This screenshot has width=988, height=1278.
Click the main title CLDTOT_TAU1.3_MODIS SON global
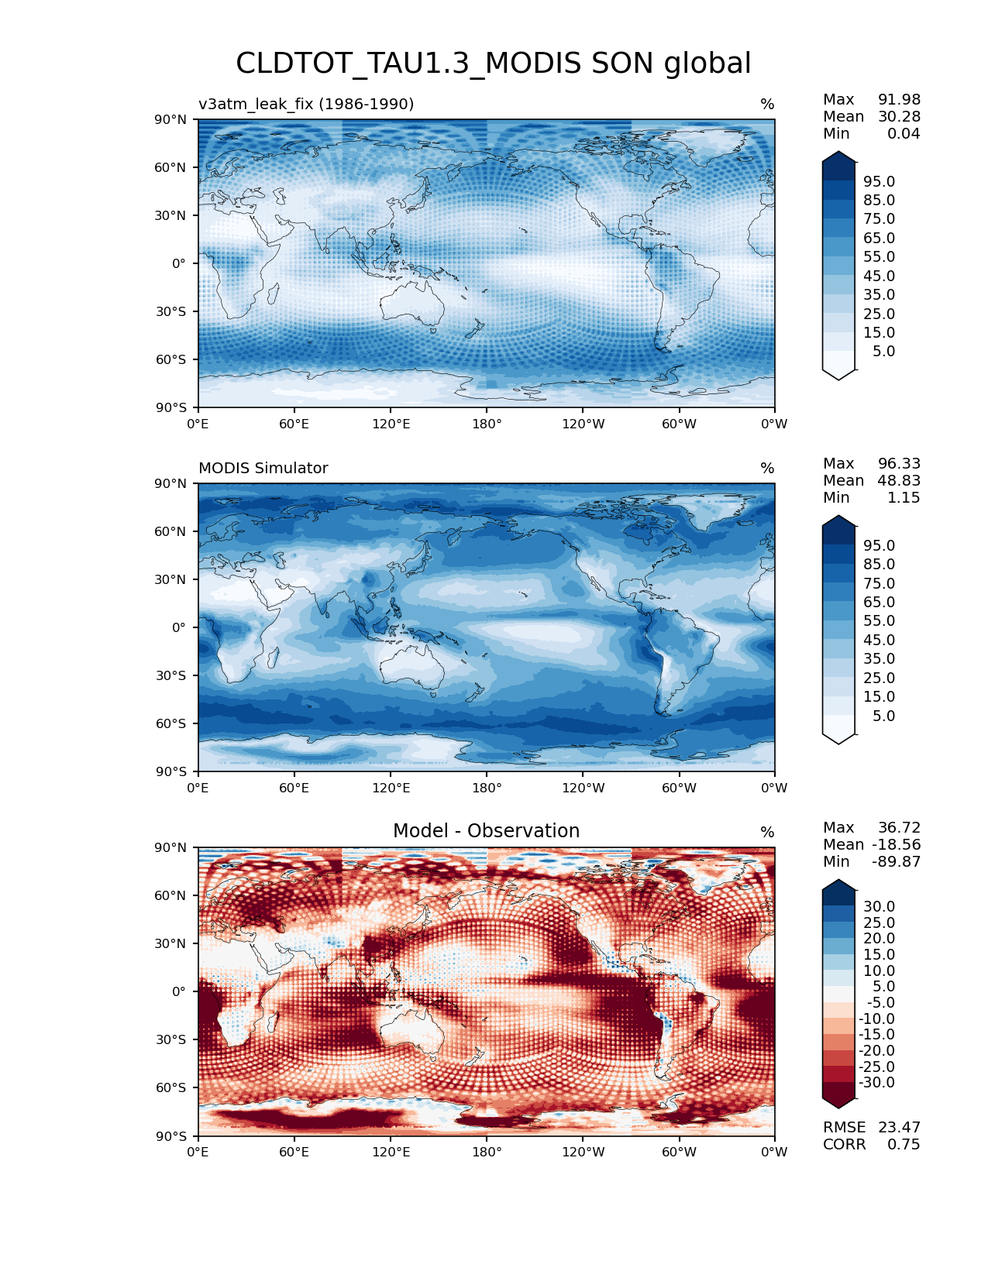click(493, 64)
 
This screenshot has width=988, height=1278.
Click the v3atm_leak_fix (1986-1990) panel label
click(306, 104)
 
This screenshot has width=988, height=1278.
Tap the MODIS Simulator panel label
click(263, 468)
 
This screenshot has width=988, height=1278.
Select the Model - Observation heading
click(486, 831)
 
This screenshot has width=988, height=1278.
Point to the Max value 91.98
click(899, 100)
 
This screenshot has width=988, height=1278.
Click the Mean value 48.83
click(899, 481)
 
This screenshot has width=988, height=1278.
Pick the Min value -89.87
click(896, 862)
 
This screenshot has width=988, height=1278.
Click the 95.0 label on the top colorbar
click(879, 181)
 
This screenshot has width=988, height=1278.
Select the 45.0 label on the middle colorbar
click(879, 640)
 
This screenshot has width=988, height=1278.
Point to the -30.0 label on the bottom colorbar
click(876, 1082)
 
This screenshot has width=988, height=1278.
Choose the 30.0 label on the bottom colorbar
click(879, 906)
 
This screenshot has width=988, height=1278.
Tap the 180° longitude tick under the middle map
click(487, 788)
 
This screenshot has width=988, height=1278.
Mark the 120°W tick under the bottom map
click(584, 1152)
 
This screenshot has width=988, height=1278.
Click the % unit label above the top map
click(767, 104)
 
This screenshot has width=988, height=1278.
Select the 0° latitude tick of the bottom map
click(179, 991)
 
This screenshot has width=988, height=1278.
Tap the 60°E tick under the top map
click(294, 424)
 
